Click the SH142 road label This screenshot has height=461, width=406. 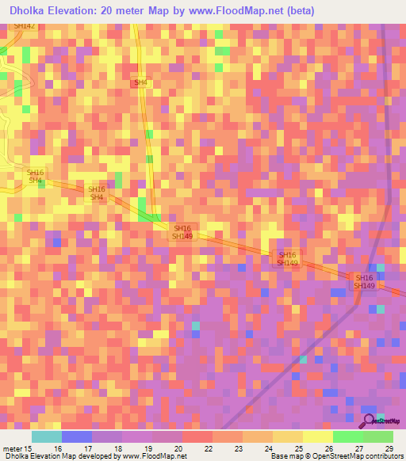click(x=24, y=26)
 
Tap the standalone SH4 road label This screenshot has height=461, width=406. click(x=140, y=82)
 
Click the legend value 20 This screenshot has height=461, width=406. click(x=178, y=448)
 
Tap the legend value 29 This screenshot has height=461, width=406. click(x=389, y=448)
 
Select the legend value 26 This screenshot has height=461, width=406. click(x=328, y=448)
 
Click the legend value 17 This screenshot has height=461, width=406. click(x=87, y=448)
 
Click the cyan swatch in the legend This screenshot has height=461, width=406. click(x=47, y=436)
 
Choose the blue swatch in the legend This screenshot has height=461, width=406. click(x=77, y=436)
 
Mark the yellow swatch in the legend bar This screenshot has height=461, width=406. click(x=318, y=436)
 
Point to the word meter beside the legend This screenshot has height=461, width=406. click(x=11, y=448)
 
